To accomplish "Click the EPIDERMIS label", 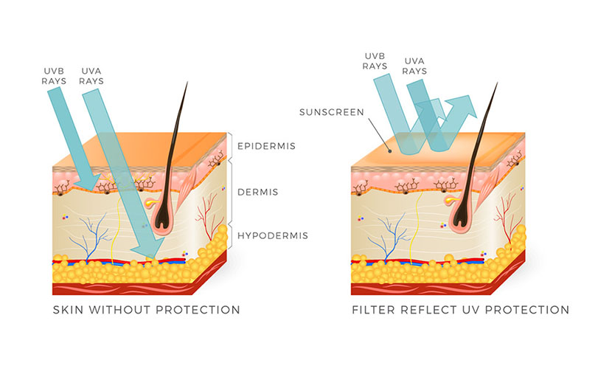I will click(265, 146).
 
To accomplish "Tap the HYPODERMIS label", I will click(272, 236).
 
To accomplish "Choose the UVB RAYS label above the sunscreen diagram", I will click(374, 60).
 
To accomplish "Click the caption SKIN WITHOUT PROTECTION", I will click(147, 310).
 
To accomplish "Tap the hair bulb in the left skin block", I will click(163, 215).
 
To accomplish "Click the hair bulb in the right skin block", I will click(463, 215).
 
